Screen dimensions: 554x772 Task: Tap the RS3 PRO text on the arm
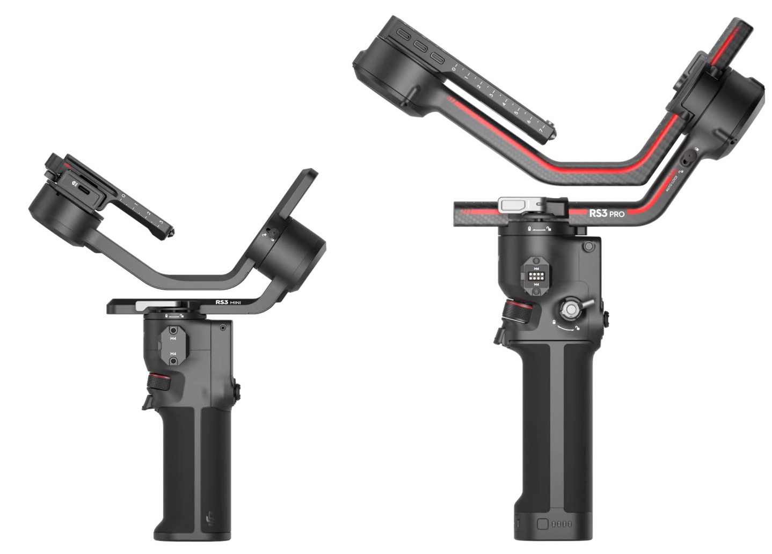[x=607, y=213]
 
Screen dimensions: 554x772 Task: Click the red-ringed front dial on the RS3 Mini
[x=159, y=382]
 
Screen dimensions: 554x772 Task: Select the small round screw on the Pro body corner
[x=589, y=246]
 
